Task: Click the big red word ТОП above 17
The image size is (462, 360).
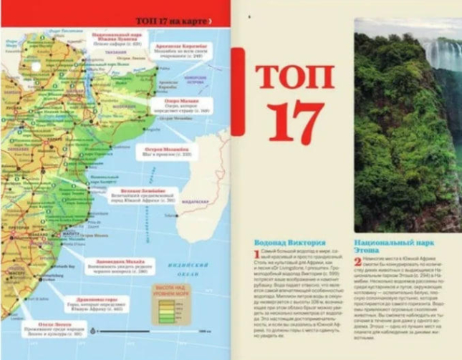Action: point(295,76)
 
